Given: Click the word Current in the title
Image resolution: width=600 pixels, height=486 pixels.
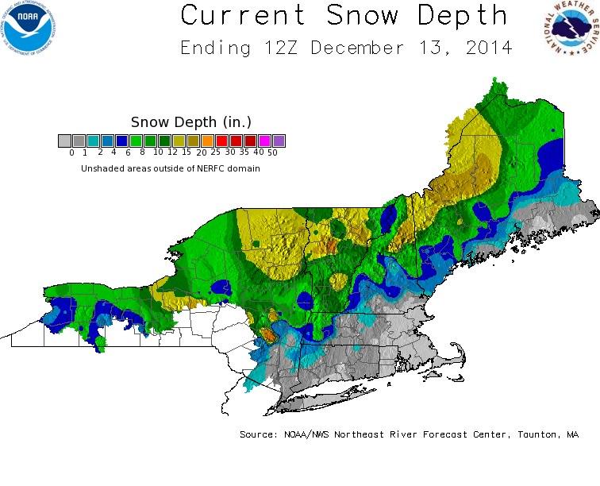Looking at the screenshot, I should [x=242, y=15].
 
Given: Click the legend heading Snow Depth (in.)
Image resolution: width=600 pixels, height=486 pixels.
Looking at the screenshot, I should [x=190, y=121].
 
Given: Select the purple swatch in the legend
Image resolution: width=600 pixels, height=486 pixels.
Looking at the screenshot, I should [x=278, y=141].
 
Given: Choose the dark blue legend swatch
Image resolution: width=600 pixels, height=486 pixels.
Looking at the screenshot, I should [x=121, y=141].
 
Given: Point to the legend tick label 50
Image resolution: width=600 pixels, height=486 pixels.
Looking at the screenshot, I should [x=272, y=152].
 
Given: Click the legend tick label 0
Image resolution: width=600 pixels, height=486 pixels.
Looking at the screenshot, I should [x=71, y=152].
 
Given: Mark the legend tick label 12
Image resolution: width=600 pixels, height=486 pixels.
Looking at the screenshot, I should [x=171, y=152].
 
